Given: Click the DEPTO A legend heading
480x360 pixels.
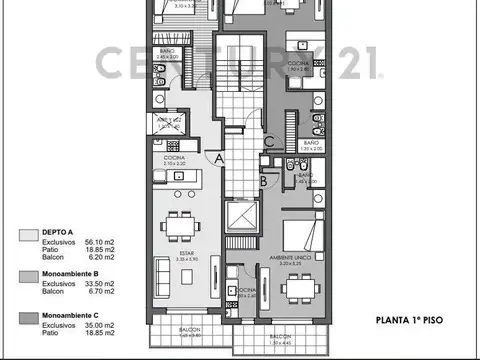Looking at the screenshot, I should point(58,232).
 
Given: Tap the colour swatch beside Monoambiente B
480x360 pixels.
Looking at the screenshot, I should point(27,276).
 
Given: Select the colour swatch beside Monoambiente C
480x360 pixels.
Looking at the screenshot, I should point(27,317).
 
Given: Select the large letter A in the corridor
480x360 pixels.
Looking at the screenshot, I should point(218,158).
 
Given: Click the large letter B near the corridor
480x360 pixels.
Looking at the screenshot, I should point(262,181).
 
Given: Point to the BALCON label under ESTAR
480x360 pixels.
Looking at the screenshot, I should point(187,330).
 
